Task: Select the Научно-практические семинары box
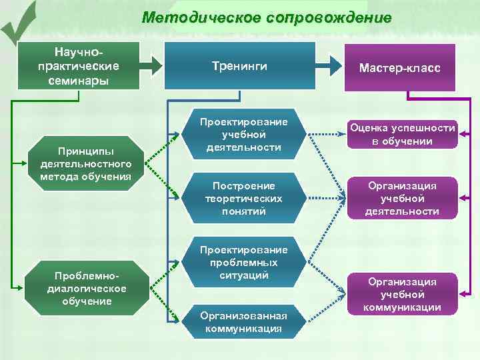coord(79,65)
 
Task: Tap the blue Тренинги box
coord(240,66)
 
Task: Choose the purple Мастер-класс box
coord(399,67)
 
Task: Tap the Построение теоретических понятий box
coord(243,198)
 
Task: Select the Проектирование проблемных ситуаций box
coord(243,262)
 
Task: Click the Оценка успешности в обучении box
coord(402,135)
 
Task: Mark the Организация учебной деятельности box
coord(402,198)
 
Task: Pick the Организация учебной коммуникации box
coord(402,294)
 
